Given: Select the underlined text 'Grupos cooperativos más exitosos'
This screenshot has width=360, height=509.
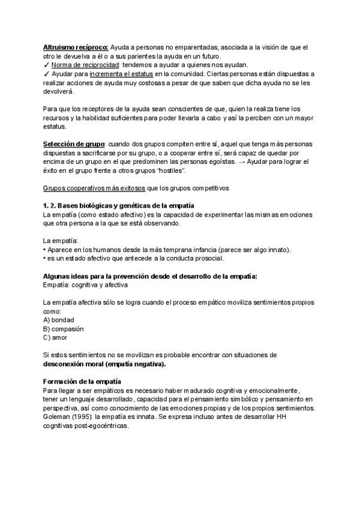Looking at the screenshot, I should [93, 188].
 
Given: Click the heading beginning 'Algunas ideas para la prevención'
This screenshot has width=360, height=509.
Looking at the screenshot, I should [151, 276].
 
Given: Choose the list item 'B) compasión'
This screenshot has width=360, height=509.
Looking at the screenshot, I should [64, 329].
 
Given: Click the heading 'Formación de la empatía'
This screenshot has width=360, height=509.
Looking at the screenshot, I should [82, 382].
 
